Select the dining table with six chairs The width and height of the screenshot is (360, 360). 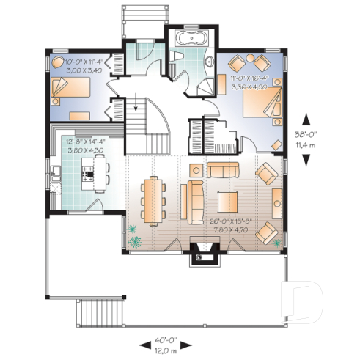pyautogui.click(x=153, y=200)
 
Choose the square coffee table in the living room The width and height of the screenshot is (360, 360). pyautogui.click(x=227, y=201)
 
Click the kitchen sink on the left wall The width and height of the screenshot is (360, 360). pyautogui.click(x=54, y=175)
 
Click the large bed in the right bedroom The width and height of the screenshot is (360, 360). pyautogui.click(x=259, y=103)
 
